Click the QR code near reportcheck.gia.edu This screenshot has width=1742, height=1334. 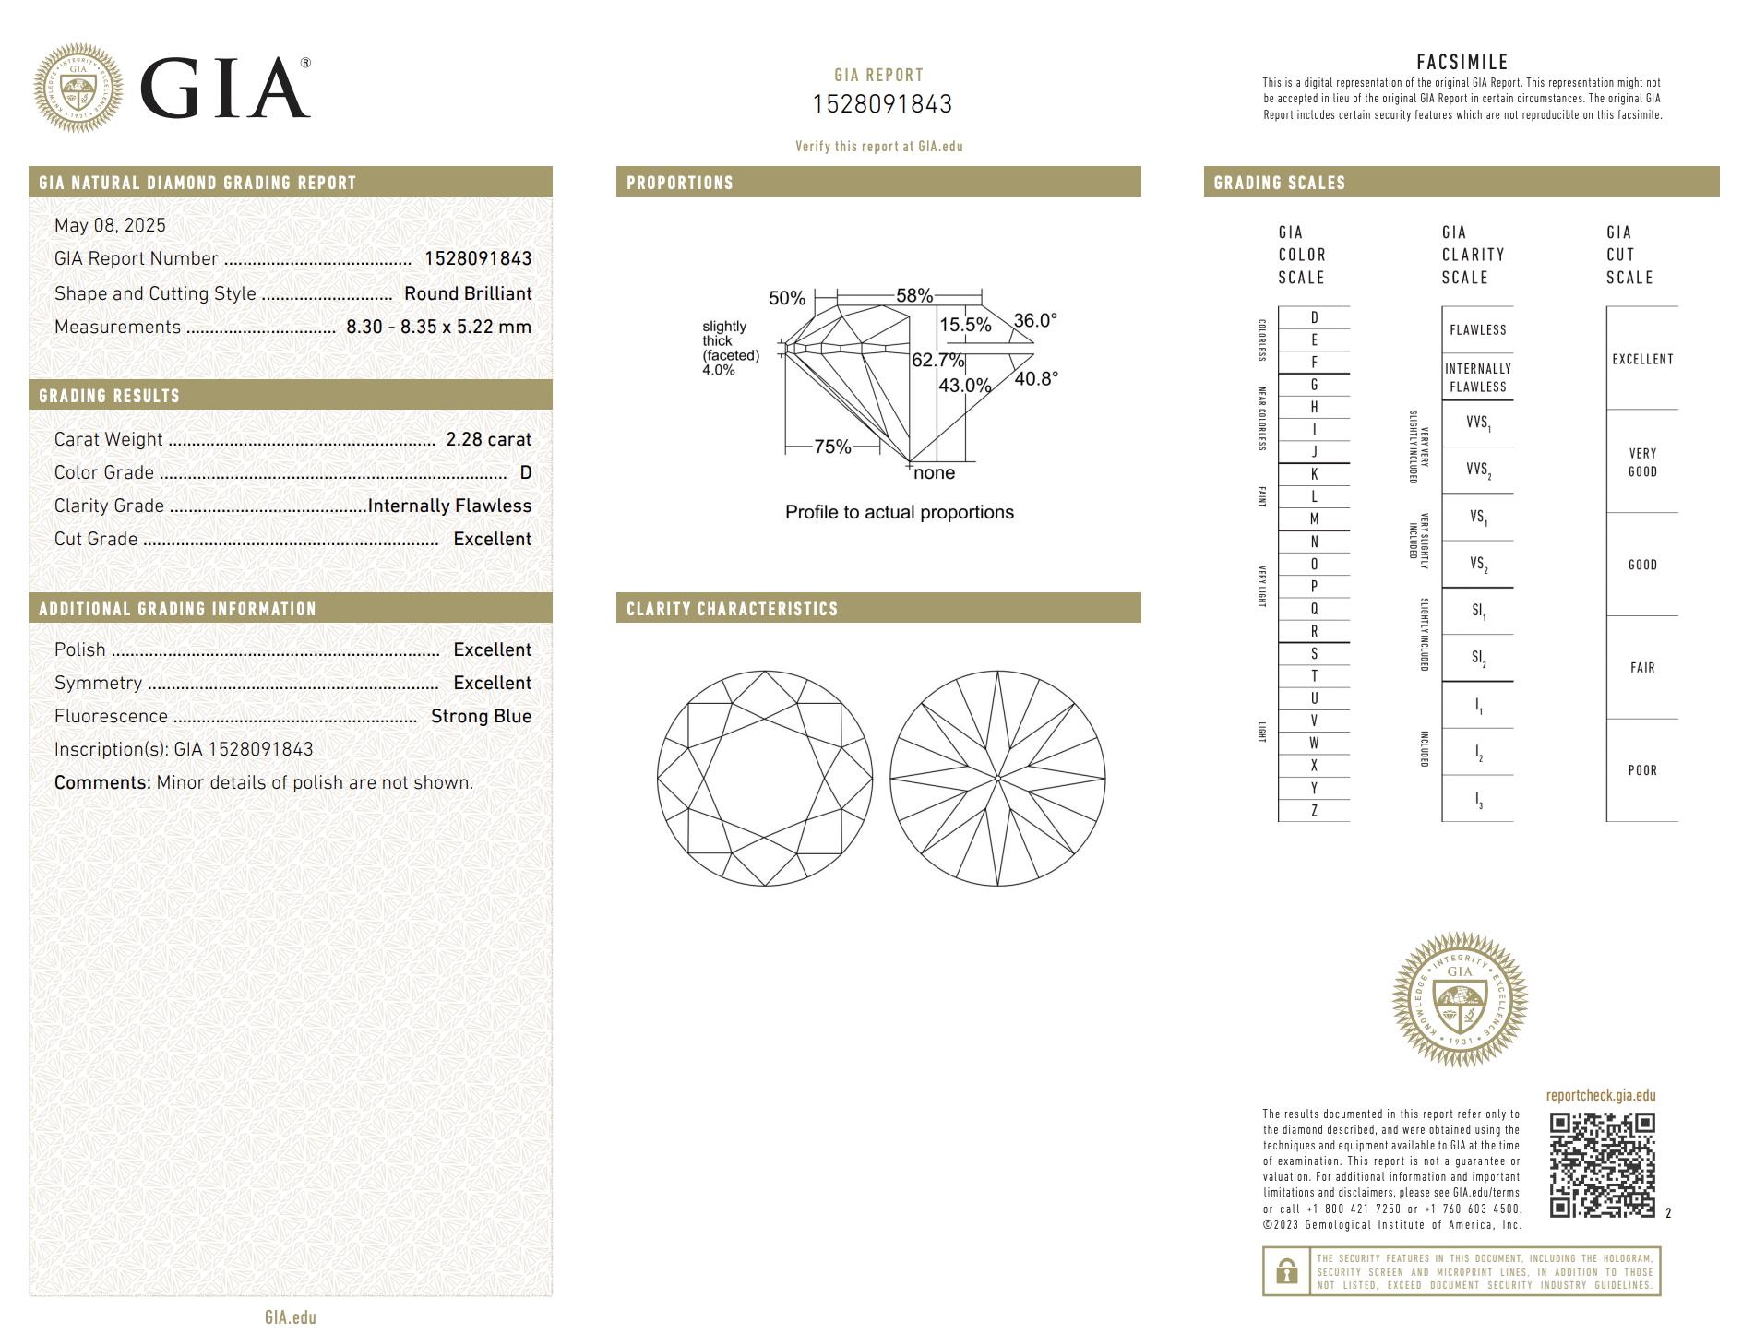click(x=1602, y=1165)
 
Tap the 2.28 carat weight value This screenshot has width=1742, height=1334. click(x=488, y=439)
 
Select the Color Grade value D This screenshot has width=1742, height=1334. click(x=525, y=472)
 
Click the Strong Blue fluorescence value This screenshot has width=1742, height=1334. click(x=481, y=716)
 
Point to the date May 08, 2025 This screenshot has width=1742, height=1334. click(x=110, y=225)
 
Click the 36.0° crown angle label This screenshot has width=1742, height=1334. click(x=1034, y=320)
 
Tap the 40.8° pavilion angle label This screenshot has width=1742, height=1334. click(x=1035, y=378)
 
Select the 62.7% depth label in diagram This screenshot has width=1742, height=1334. click(x=937, y=360)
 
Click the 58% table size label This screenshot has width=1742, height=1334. click(x=913, y=295)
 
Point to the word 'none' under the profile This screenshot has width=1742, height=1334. click(x=934, y=472)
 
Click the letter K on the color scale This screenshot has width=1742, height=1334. click(x=1314, y=474)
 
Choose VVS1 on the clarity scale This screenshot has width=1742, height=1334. click(x=1477, y=423)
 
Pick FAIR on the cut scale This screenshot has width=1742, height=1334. click(x=1641, y=667)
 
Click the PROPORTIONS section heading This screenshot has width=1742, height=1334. click(x=680, y=183)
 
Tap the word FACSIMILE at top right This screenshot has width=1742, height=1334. click(x=1462, y=62)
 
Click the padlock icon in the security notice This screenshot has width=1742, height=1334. click(x=1285, y=1272)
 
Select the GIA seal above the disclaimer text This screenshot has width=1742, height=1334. click(x=1460, y=1000)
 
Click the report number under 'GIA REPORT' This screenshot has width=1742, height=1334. click(x=881, y=104)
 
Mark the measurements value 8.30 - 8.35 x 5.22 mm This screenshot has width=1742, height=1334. click(x=438, y=327)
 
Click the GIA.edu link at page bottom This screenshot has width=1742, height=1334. click(x=290, y=1317)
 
